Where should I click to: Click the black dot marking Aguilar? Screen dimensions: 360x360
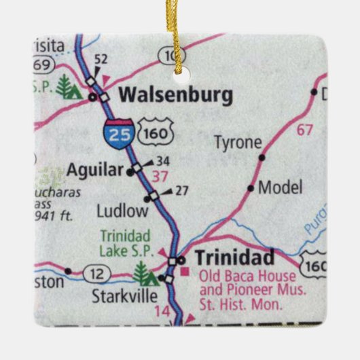(130, 173)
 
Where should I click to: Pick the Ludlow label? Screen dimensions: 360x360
(122, 211)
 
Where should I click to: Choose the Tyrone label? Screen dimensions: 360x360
(237, 143)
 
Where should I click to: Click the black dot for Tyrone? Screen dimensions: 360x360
(262, 158)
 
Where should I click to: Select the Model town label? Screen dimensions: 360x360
(281, 187)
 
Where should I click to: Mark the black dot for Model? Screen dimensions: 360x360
(251, 187)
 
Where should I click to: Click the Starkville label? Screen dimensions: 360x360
(126, 296)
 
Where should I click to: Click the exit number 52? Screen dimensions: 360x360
(101, 60)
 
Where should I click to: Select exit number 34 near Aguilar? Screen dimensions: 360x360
(162, 161)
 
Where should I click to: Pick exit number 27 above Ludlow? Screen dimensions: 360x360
(181, 190)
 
